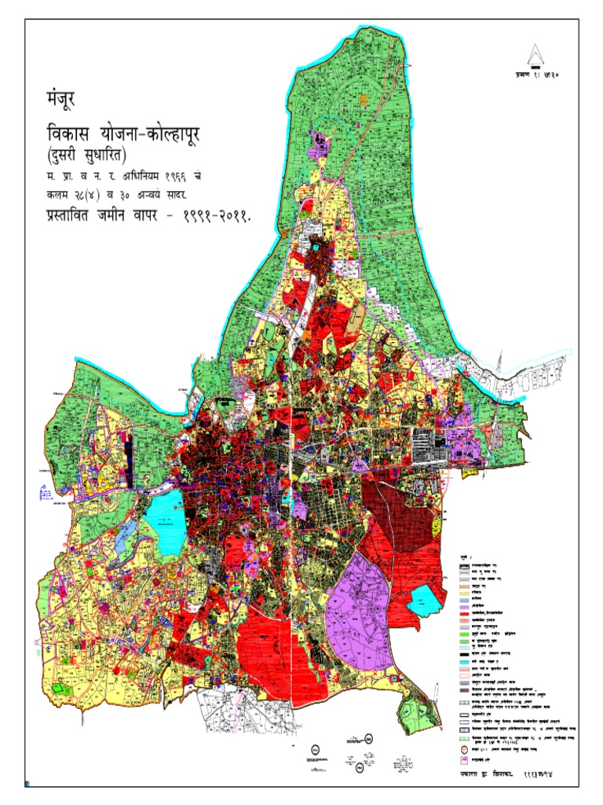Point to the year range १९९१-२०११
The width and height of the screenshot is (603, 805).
click(213, 217)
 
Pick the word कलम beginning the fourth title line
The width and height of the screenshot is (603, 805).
click(57, 194)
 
